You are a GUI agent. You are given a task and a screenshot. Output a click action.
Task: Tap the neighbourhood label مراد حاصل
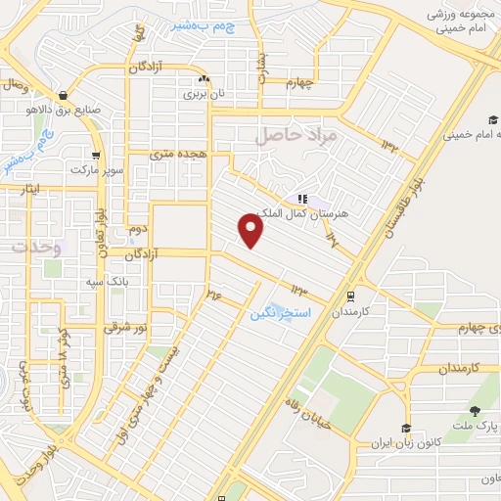[x=296, y=135]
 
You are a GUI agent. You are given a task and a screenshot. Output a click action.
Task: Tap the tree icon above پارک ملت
[x=476, y=412]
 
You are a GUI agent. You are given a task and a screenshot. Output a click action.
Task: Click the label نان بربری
[x=205, y=96]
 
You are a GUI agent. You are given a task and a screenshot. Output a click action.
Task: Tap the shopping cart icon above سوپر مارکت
[x=95, y=155]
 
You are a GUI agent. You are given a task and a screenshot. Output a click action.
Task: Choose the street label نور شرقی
[x=124, y=327]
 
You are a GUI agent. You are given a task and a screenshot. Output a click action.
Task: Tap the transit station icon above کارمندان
[x=350, y=296]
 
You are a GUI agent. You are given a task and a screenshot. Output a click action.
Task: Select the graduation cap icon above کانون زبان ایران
[x=405, y=429]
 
